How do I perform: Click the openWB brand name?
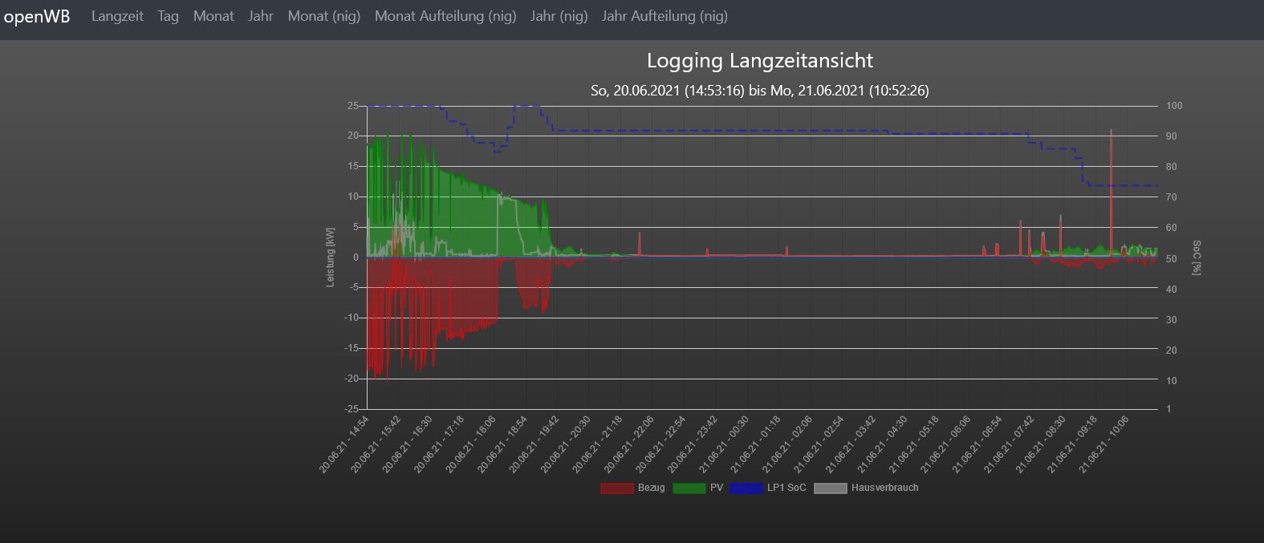[x=37, y=17]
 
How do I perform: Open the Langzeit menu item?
[x=117, y=16]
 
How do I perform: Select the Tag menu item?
[x=169, y=16]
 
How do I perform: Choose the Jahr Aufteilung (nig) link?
[x=665, y=16]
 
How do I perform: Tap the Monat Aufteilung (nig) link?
[x=445, y=16]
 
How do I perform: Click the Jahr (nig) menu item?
[x=559, y=16]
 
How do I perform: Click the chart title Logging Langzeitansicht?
[x=759, y=61]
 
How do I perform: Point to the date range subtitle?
[x=759, y=91]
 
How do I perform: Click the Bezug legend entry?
[x=633, y=488]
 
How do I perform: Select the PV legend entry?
[x=699, y=488]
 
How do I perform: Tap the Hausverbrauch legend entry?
[x=867, y=488]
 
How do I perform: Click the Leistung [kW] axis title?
[x=330, y=257]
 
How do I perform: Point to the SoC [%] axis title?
[x=1196, y=257]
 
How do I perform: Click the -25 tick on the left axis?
[x=352, y=409]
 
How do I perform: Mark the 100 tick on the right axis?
[x=1174, y=106]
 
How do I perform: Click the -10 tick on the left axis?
[x=352, y=318]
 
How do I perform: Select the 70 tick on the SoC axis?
[x=1171, y=197]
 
